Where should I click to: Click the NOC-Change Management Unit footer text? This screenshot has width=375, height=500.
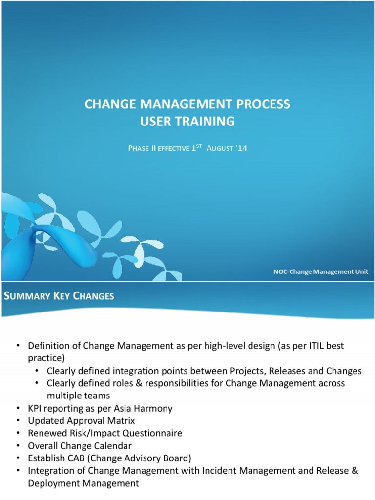coord(321,271)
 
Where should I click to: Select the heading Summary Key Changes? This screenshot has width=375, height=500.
coord(59,296)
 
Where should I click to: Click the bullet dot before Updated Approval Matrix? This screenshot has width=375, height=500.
coord(19,420)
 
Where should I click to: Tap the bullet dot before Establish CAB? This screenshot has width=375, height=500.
coord(19,458)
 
